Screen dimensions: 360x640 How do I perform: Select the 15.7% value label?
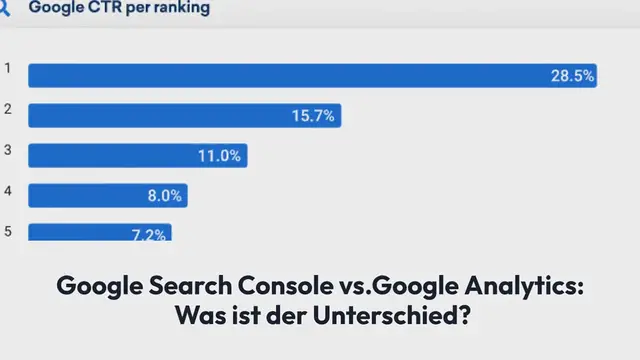coord(312,116)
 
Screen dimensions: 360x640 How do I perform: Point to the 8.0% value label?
coord(164,196)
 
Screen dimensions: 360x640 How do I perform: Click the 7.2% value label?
coord(150,233)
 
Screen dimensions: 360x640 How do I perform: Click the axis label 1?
coord(8,68)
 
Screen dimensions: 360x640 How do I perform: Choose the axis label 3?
coord(8,149)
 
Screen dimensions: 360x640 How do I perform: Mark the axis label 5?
coord(8,231)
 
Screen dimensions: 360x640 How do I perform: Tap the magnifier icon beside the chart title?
coord(4,8)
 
